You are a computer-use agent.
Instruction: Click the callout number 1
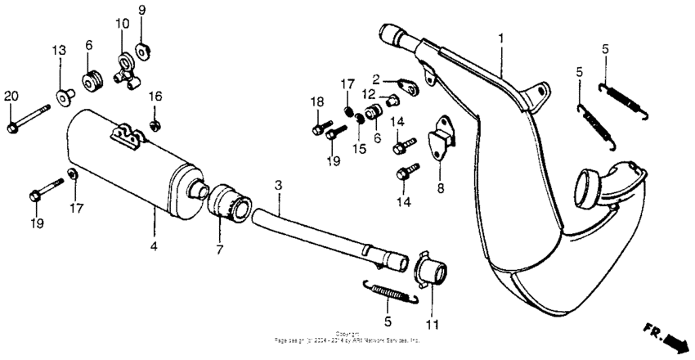tap(501, 38)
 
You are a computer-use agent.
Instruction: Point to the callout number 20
tap(11, 96)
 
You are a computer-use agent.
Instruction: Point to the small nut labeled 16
tap(155, 124)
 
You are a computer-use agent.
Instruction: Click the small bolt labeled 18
tap(318, 128)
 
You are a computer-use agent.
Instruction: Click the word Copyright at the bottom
tap(347, 333)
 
